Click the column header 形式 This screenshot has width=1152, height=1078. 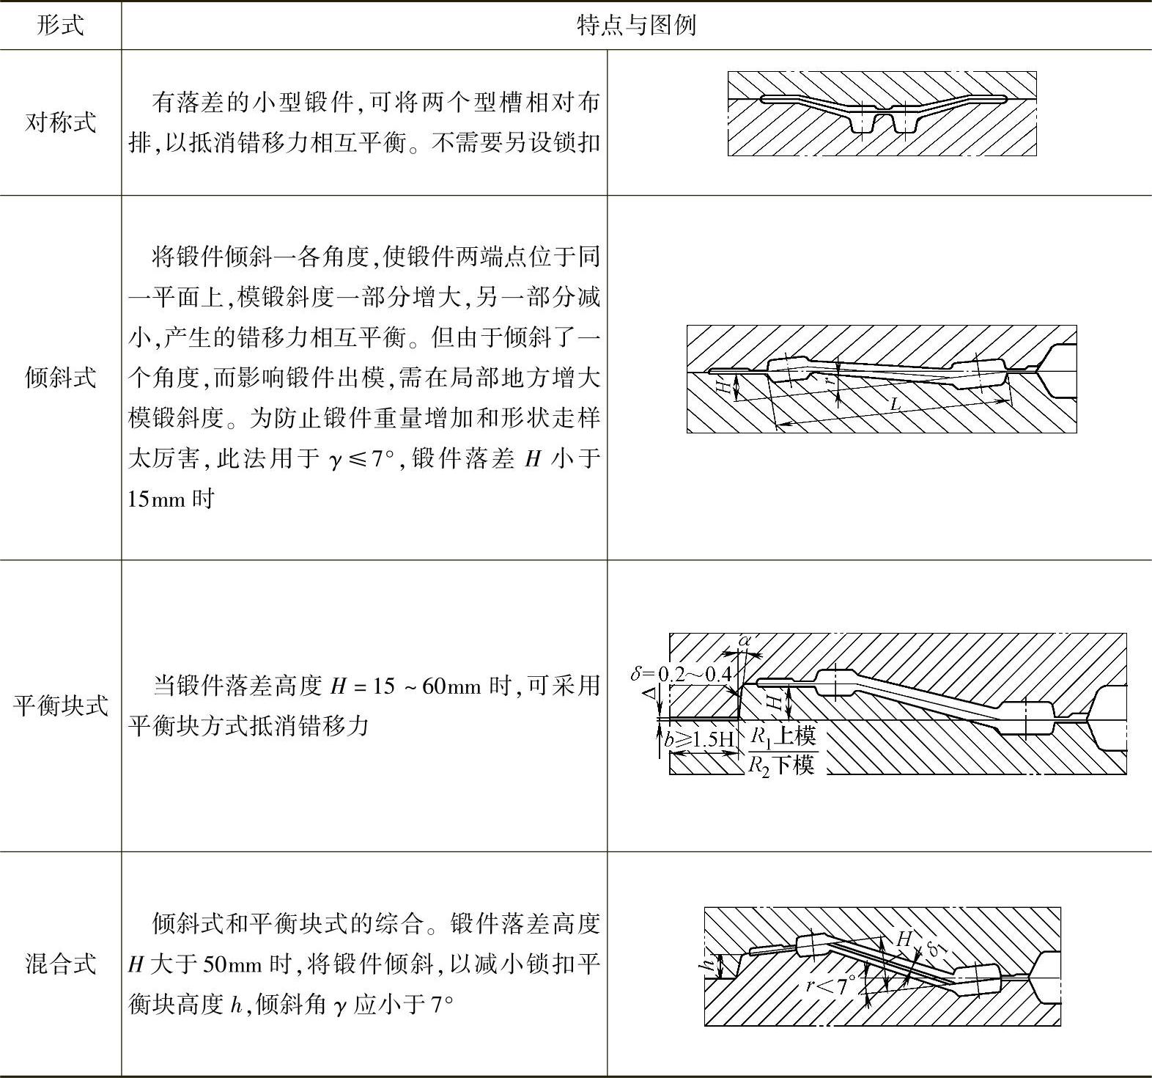pos(60,26)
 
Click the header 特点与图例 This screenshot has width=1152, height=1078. pos(635,26)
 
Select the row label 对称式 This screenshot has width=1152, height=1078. pos(60,122)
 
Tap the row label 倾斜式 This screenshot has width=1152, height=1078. pos(60,377)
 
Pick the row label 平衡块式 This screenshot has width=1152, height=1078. pos(60,705)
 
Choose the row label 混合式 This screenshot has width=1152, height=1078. pos(60,963)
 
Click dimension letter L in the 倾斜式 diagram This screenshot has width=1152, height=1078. pos(895,404)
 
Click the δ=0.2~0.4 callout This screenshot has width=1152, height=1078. pos(682,673)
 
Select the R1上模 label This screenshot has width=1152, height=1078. pos(782,736)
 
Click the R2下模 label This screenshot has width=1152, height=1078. pos(780,765)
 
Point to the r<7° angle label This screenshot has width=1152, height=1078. pos(830,985)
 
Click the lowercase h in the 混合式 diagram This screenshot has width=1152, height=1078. pos(710,966)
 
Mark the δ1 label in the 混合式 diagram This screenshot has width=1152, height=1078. pos(936,948)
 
